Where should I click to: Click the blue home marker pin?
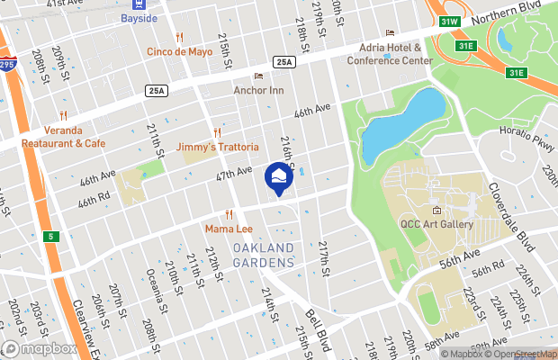278,177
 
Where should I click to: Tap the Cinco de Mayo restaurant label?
180,51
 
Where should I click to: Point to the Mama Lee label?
226,229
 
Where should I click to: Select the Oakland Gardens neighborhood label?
264,254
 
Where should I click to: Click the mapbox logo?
40,348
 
